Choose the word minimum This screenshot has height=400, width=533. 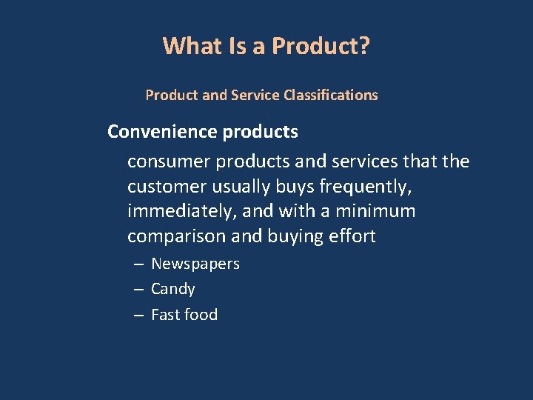(375, 212)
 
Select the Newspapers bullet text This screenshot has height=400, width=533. (195, 264)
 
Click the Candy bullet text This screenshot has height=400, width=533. (173, 290)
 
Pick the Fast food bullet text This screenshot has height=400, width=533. (184, 315)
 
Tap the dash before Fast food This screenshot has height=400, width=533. (138, 316)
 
